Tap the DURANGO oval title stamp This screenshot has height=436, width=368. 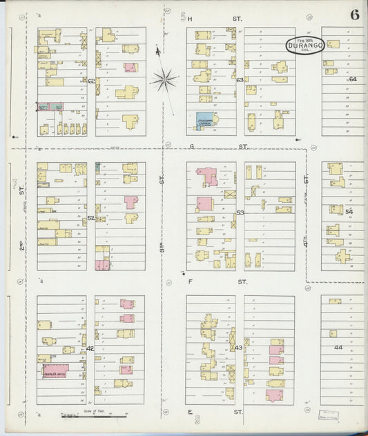[304, 46]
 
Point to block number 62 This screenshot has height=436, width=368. [91, 81]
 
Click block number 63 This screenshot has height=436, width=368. [240, 80]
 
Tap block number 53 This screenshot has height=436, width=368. [240, 212]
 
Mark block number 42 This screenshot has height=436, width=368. [90, 349]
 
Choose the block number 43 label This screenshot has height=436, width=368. [239, 348]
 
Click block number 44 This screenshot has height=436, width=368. [338, 348]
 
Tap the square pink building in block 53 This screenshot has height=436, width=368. [204, 204]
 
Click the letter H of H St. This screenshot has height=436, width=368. [189, 19]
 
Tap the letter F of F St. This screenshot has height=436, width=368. [190, 281]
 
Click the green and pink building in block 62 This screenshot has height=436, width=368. [49, 107]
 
